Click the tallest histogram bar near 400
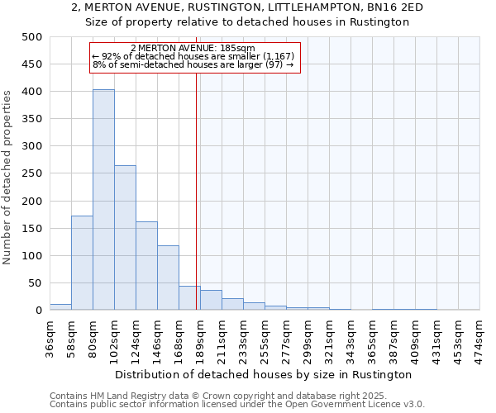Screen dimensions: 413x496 (103, 200)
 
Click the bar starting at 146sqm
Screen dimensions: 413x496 (168, 278)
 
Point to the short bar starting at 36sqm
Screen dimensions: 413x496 (60, 307)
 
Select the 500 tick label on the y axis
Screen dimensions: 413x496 (32, 37)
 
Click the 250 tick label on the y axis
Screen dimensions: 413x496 (32, 173)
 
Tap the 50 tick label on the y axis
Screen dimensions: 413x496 (36, 283)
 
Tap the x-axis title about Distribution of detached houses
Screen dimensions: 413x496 (265, 374)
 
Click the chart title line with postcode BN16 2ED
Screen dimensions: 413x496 (247, 7)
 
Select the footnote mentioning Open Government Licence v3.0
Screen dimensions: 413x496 (237, 404)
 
